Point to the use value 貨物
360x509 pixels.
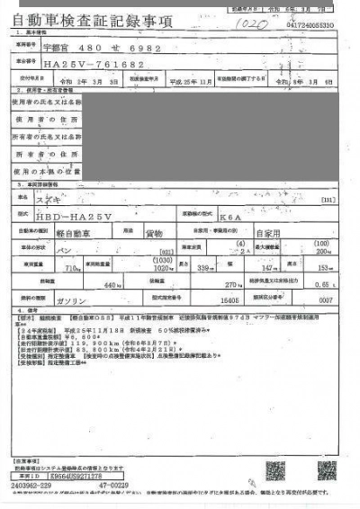154,233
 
